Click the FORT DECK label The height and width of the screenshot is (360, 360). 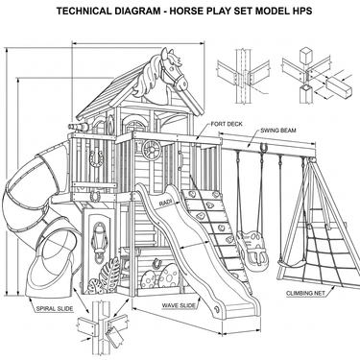coord(227,124)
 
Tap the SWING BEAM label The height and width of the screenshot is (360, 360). coord(278,131)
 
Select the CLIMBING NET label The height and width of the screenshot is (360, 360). coord(305,293)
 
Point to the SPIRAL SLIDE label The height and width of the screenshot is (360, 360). coord(55,309)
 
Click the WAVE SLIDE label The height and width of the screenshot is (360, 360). coord(179,305)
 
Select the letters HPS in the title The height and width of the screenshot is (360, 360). coord(301,11)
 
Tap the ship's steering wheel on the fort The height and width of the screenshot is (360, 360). coord(152,150)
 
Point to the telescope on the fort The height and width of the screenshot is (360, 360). coord(78,127)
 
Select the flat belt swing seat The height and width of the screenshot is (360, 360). coord(291,264)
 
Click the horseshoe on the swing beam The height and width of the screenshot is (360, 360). coord(264,148)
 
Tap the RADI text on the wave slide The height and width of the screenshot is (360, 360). coord(165,202)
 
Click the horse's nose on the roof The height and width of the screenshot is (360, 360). coord(183,84)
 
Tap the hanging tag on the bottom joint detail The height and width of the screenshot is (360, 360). coord(114,337)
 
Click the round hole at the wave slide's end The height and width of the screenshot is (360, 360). coord(217,309)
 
